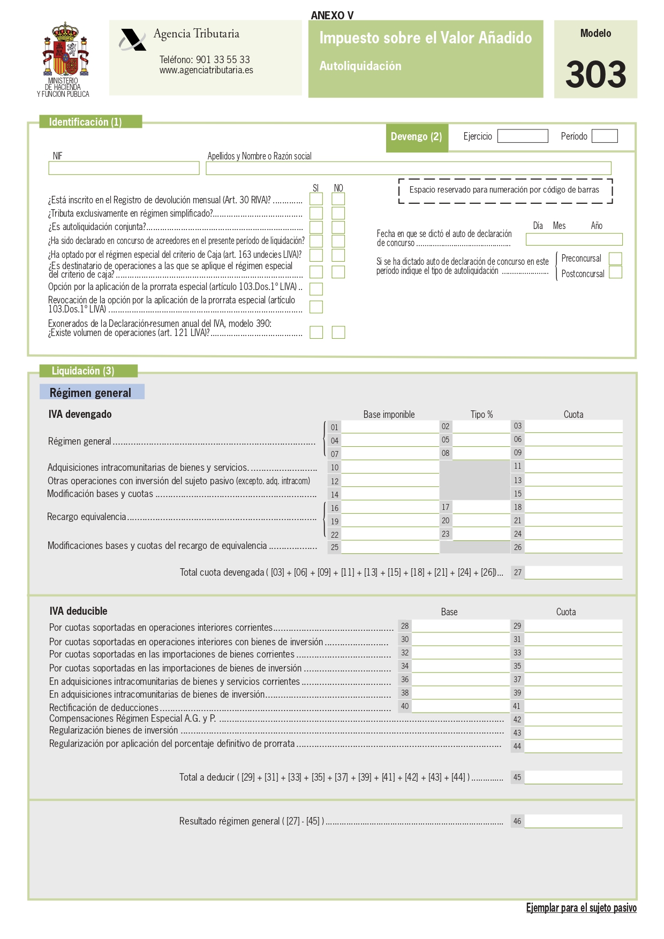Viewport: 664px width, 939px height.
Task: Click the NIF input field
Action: pos(124,168)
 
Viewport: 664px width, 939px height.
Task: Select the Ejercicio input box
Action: pos(522,136)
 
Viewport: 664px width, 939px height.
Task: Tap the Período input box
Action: pos(605,136)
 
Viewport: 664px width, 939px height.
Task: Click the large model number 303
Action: pos(595,74)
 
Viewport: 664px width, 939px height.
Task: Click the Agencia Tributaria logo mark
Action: pos(132,40)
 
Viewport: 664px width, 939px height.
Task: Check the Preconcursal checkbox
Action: pos(615,258)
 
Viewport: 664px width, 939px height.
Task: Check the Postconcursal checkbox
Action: pos(615,272)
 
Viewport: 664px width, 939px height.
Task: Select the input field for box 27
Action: pos(573,572)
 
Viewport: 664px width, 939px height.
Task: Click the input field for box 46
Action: pos(573,821)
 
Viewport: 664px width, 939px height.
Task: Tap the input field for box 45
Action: pos(573,777)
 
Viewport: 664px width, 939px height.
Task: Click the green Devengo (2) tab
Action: pos(417,137)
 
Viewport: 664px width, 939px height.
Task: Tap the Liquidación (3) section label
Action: pos(84,371)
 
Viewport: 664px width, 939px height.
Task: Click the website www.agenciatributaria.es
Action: pos(206,70)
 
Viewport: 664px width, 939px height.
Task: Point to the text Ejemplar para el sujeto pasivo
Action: pos(581,907)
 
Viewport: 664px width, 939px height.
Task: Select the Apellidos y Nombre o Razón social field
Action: pos(408,168)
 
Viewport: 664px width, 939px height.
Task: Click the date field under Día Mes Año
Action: pos(574,239)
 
